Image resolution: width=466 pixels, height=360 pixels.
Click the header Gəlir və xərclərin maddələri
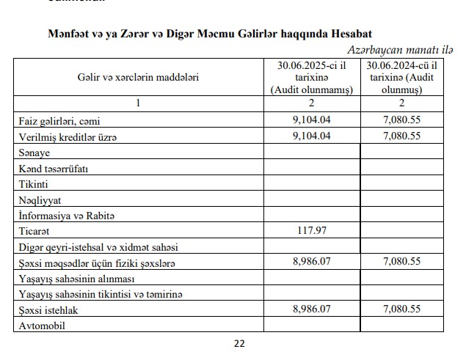pyautogui.click(x=138, y=76)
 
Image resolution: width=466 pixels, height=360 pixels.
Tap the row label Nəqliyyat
pyautogui.click(x=38, y=200)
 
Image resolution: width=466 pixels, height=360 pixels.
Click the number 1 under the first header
pyautogui.click(x=138, y=103)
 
